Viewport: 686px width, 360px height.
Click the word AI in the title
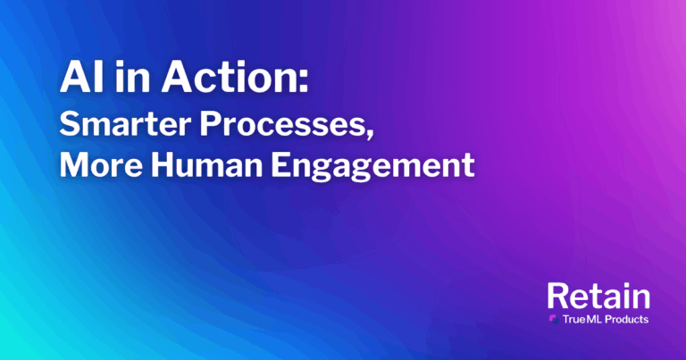coord(81,76)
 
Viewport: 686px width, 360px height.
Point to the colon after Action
coord(303,81)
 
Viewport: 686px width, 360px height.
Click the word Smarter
coord(126,124)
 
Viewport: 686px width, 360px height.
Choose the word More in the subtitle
coord(101,165)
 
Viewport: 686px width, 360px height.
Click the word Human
coord(206,165)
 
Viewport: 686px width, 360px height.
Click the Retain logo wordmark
coord(598,297)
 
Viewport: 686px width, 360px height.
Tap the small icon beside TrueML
coord(554,319)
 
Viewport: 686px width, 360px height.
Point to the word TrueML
coord(581,319)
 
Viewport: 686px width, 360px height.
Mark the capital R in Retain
coord(557,297)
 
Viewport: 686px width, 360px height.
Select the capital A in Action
coord(178,76)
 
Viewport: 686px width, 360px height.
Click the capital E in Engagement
coord(280,165)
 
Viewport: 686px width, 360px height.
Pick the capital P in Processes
coord(210,124)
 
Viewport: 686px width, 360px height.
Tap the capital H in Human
coord(163,165)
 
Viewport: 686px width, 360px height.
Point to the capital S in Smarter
coord(69,124)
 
